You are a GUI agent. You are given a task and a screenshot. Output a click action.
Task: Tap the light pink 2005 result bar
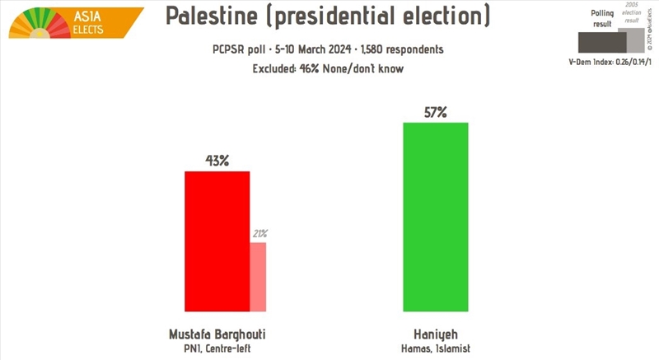coord(258,277)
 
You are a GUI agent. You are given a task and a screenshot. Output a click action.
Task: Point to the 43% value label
coord(217,161)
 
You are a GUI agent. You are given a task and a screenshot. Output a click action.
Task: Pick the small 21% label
coord(258,234)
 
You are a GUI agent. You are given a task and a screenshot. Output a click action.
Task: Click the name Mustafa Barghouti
coord(217,334)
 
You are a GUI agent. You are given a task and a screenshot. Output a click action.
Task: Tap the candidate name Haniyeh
coord(435,334)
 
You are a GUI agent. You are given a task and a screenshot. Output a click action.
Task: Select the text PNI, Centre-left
coord(217,348)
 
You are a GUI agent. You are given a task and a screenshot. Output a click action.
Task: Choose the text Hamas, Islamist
coord(435,348)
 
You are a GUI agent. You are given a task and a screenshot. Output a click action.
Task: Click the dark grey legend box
coord(602,41)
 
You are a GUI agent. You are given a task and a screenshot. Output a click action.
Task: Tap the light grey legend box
coord(637,38)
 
